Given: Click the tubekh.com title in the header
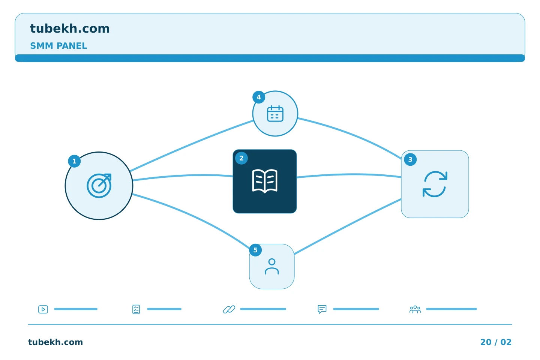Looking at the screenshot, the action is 70,28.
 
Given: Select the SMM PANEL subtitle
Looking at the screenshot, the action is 58,46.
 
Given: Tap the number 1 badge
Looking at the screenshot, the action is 74,161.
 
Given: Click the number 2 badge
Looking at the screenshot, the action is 241,158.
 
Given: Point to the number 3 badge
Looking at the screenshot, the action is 410,159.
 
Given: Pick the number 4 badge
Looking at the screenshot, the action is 259,97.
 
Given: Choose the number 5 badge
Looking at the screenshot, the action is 255,250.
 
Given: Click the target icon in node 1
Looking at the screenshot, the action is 99,185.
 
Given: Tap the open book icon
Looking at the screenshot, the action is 265,181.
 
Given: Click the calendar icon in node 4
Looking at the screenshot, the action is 275,114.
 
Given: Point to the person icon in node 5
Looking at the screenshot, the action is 271,266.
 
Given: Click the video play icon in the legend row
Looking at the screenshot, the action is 43,309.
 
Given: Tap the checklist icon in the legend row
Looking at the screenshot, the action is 136,309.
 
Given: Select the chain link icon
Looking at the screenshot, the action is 229,309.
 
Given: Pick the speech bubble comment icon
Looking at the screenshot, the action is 322,309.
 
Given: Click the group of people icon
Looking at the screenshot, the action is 415,309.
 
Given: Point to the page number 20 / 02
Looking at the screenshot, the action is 496,342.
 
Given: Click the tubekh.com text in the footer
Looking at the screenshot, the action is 55,342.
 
